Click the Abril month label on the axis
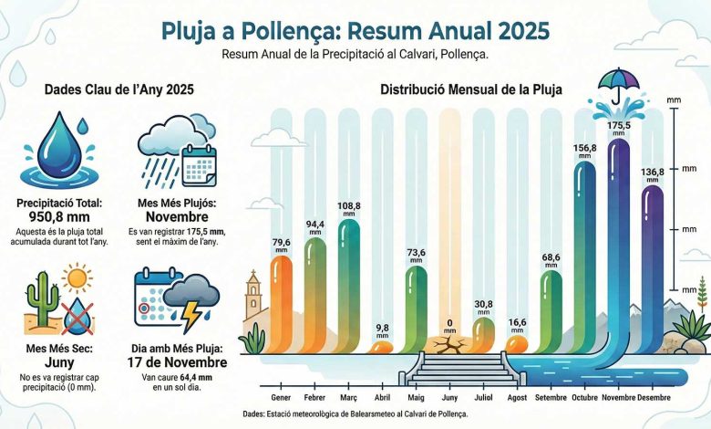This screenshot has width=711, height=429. click(x=383, y=398)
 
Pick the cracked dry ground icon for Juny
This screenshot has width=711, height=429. click(x=448, y=345)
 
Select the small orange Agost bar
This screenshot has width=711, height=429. click(x=516, y=343)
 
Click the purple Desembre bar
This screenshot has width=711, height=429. click(x=653, y=265)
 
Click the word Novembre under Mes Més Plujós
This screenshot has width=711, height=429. click(x=178, y=218)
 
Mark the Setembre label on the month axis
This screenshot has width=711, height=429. click(x=551, y=398)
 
